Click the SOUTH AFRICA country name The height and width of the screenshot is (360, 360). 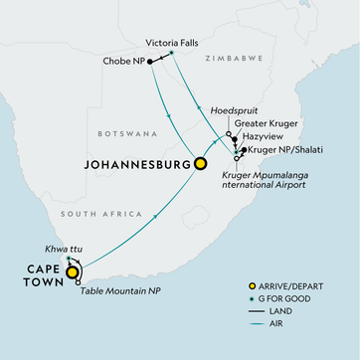point(93,214)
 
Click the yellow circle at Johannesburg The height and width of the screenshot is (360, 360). point(201,164)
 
